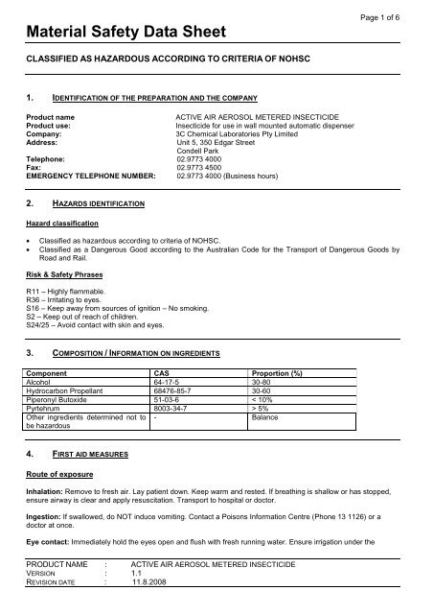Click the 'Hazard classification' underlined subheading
(64, 223)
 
